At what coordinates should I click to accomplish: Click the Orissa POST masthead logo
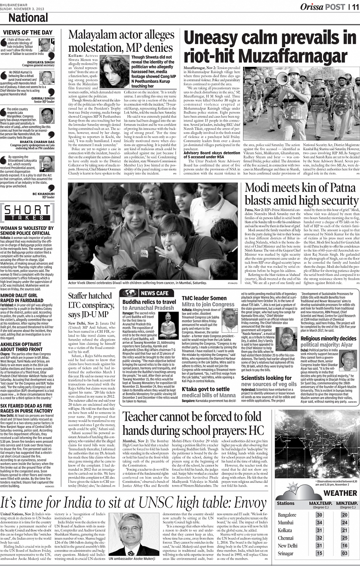point(322,6)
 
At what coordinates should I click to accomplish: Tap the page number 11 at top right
point(354,6)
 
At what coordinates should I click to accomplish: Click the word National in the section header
point(28,18)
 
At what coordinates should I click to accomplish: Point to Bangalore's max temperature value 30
point(319,515)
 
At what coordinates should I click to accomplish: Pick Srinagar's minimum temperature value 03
point(344,553)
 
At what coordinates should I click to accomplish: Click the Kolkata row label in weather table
point(285,530)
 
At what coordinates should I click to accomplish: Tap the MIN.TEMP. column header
point(347,504)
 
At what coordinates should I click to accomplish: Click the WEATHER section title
point(340,493)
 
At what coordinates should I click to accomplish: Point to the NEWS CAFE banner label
point(154,293)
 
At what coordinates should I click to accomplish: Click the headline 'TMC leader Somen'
point(204,298)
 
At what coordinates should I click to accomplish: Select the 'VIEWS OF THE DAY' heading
point(27,32)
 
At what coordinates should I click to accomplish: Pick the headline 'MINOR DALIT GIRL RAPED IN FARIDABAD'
point(19,298)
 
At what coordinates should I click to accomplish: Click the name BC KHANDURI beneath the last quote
point(44,194)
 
